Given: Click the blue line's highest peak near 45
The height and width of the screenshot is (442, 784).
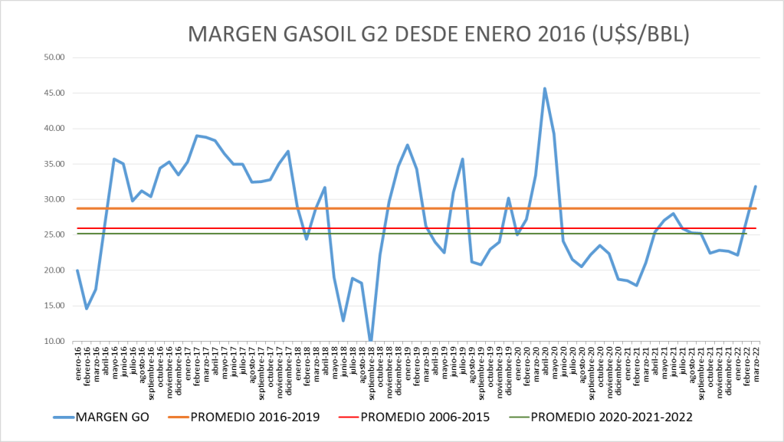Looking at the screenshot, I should [544, 88].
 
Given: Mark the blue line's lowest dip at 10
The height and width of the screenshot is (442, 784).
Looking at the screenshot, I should [370, 340].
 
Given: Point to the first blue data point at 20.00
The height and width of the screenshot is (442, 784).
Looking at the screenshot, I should [77, 270].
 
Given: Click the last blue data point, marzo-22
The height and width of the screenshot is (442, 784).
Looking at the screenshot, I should [756, 186].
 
